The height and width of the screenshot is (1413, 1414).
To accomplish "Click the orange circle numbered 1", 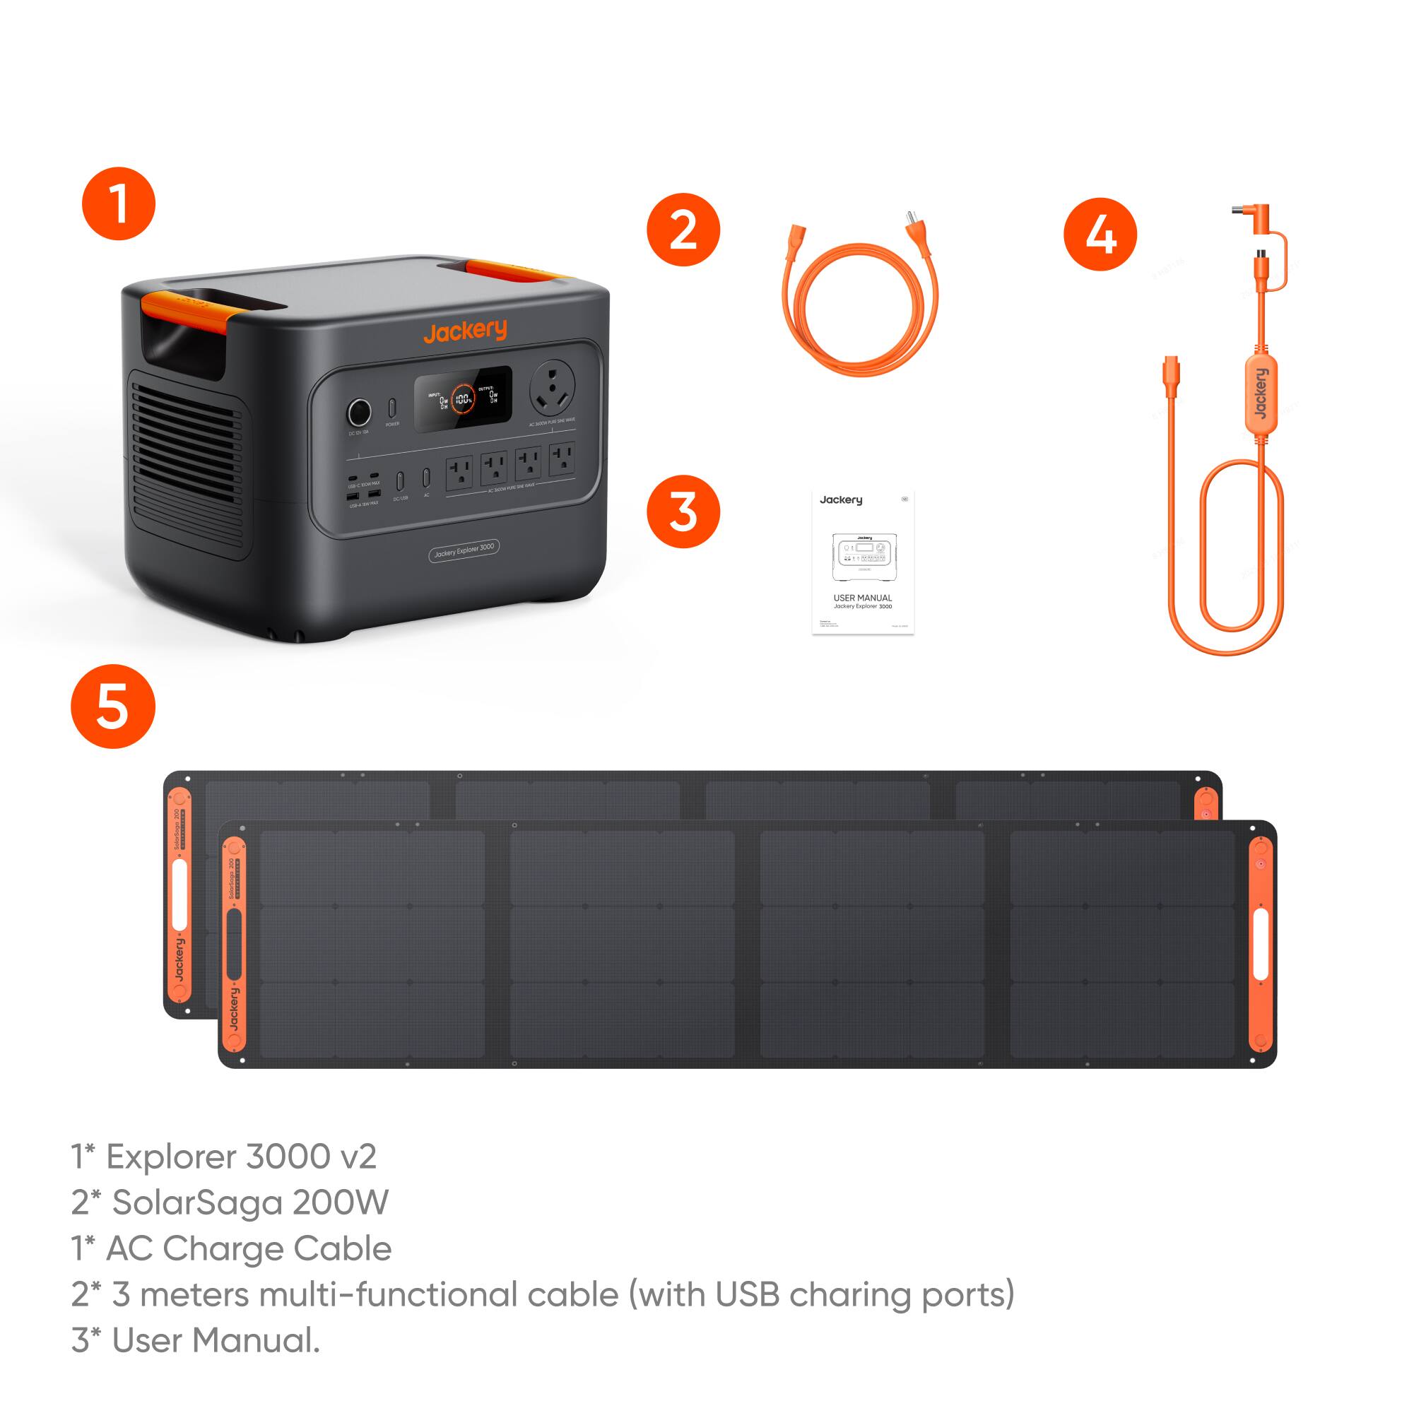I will pyautogui.click(x=119, y=203).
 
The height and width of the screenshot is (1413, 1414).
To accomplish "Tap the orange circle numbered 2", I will pyautogui.click(x=683, y=230).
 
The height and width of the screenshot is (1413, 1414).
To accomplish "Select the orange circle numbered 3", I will pyautogui.click(x=683, y=512).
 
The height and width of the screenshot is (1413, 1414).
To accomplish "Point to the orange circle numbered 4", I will pyautogui.click(x=1100, y=234).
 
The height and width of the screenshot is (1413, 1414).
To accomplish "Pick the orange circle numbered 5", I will pyautogui.click(x=113, y=706).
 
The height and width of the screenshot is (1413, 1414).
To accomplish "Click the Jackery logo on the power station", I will pyautogui.click(x=465, y=331).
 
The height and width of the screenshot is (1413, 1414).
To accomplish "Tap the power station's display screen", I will pyautogui.click(x=463, y=398).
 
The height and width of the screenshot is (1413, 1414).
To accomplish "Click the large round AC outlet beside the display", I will pyautogui.click(x=552, y=387).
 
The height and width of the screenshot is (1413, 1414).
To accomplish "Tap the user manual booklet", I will pyautogui.click(x=863, y=562).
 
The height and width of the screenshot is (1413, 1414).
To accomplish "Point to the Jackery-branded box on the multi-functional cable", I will pyautogui.click(x=1259, y=394).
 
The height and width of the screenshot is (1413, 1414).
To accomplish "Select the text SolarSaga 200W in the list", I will pyautogui.click(x=249, y=1203).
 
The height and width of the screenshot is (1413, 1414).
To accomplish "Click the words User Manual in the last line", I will pyautogui.click(x=216, y=1340).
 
